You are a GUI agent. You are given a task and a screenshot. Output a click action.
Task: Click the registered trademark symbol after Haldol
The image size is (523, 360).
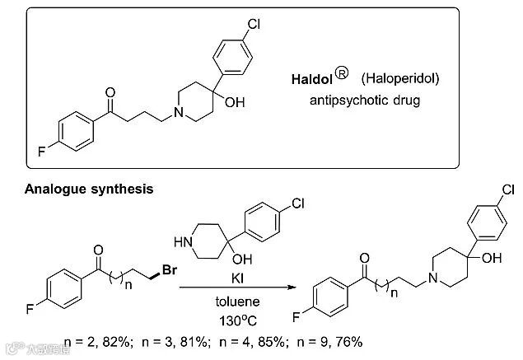point(343,77)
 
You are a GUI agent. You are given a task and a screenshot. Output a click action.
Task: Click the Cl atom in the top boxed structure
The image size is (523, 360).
point(254,24)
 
